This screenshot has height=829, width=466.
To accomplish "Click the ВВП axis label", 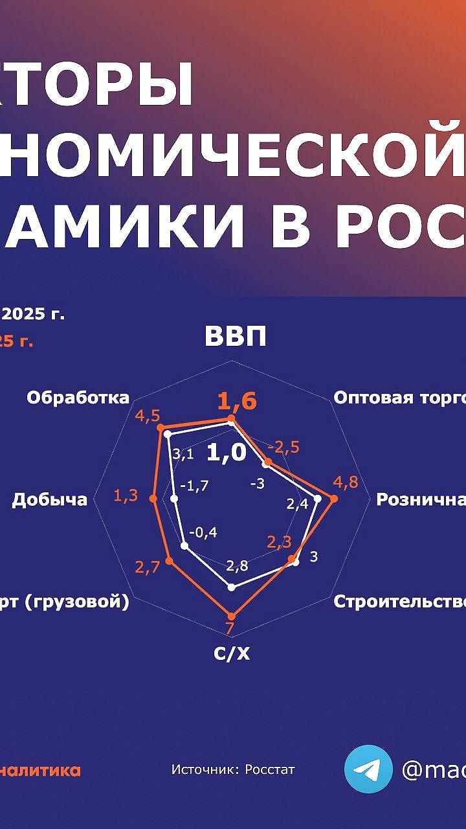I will [x=236, y=337].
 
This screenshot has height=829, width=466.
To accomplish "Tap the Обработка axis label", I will [x=78, y=398].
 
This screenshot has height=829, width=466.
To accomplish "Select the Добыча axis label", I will [x=49, y=499].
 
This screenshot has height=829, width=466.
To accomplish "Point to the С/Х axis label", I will [x=232, y=653].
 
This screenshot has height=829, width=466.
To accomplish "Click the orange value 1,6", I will [x=237, y=402].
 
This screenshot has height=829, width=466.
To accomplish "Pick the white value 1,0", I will [x=227, y=453].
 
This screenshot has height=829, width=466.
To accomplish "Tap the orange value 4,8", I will [x=345, y=483].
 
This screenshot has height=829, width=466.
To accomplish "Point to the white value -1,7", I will [x=194, y=486].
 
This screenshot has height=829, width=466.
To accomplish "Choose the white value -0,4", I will [x=203, y=532].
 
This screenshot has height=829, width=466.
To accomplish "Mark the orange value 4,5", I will [x=148, y=416].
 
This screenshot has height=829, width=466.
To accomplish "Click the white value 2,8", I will [x=237, y=565].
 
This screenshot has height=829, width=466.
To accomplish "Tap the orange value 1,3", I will [x=126, y=496].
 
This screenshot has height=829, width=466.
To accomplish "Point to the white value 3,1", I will [x=184, y=454].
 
